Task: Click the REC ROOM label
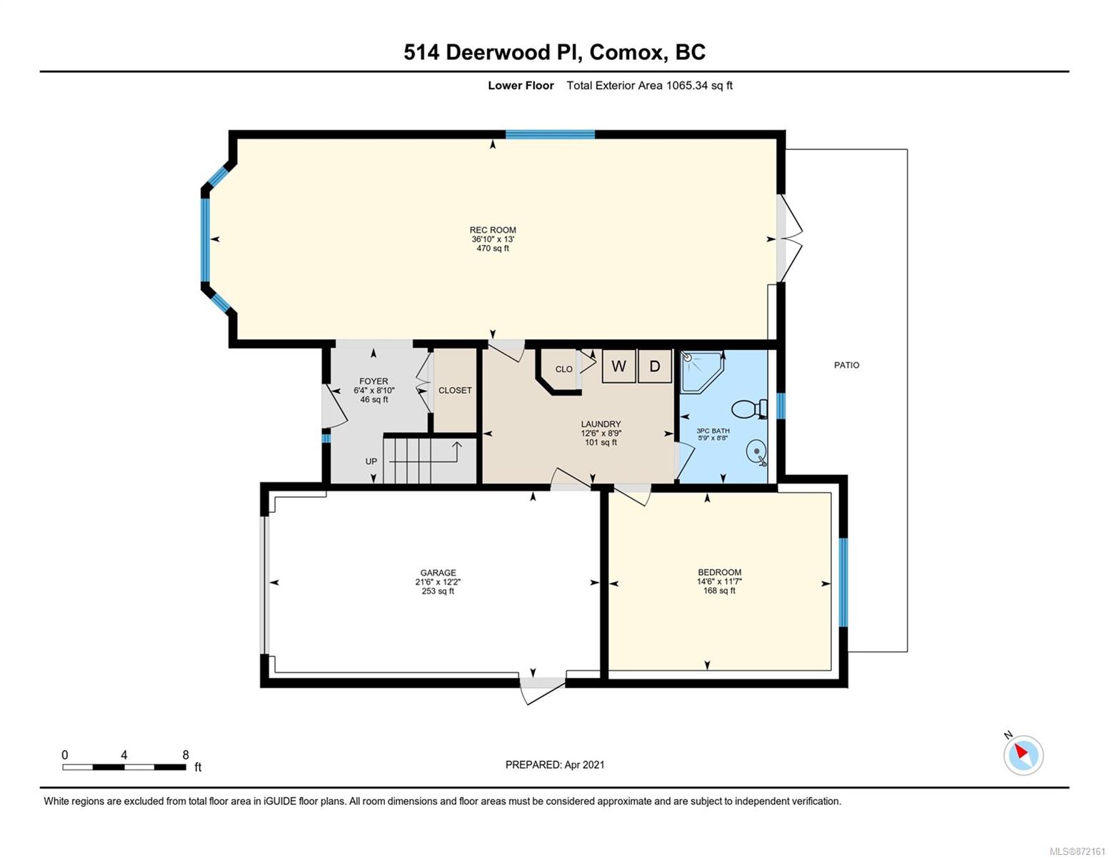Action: click(x=493, y=230)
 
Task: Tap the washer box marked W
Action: click(x=618, y=366)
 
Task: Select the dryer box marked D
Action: click(x=655, y=366)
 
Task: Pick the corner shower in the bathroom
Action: click(x=702, y=371)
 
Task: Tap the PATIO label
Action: click(x=847, y=366)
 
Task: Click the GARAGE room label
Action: click(x=438, y=573)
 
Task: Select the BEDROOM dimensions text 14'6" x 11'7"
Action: click(x=720, y=581)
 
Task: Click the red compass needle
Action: click(x=1020, y=751)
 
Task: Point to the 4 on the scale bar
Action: click(x=124, y=755)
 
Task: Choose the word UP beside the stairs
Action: click(x=371, y=461)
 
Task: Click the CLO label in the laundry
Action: click(x=564, y=369)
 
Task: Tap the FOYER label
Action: click(x=373, y=381)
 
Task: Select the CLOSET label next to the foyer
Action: click(x=455, y=391)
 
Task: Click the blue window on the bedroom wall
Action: click(x=843, y=582)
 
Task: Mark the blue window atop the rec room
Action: click(x=550, y=135)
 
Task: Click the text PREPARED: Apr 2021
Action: click(x=555, y=765)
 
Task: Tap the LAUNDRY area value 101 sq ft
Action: click(x=601, y=443)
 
